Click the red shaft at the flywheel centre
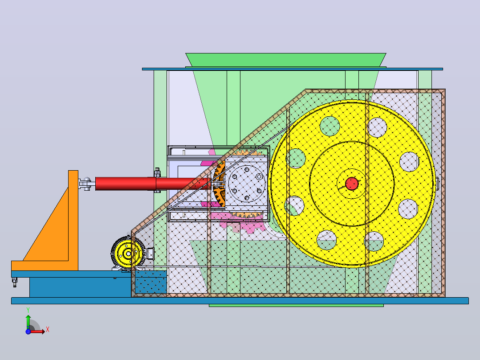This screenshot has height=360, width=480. click(351, 184)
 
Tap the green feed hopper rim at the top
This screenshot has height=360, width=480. click(285, 60)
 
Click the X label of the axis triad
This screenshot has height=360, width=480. click(48, 330)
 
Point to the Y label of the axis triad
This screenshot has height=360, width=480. click(28, 310)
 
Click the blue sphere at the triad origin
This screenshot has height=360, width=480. click(28, 331)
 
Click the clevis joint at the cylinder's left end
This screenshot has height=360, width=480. click(87, 184)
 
